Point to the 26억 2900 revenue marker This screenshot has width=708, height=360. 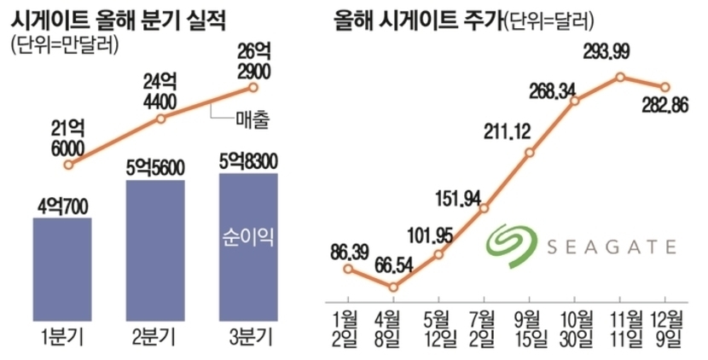click(253, 87)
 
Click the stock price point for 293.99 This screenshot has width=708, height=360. click(621, 77)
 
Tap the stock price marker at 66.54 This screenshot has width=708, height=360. click(393, 287)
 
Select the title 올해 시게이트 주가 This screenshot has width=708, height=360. click(417, 19)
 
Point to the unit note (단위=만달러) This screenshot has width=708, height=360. click(64, 44)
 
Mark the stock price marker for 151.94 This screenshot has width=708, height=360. click(485, 209)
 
